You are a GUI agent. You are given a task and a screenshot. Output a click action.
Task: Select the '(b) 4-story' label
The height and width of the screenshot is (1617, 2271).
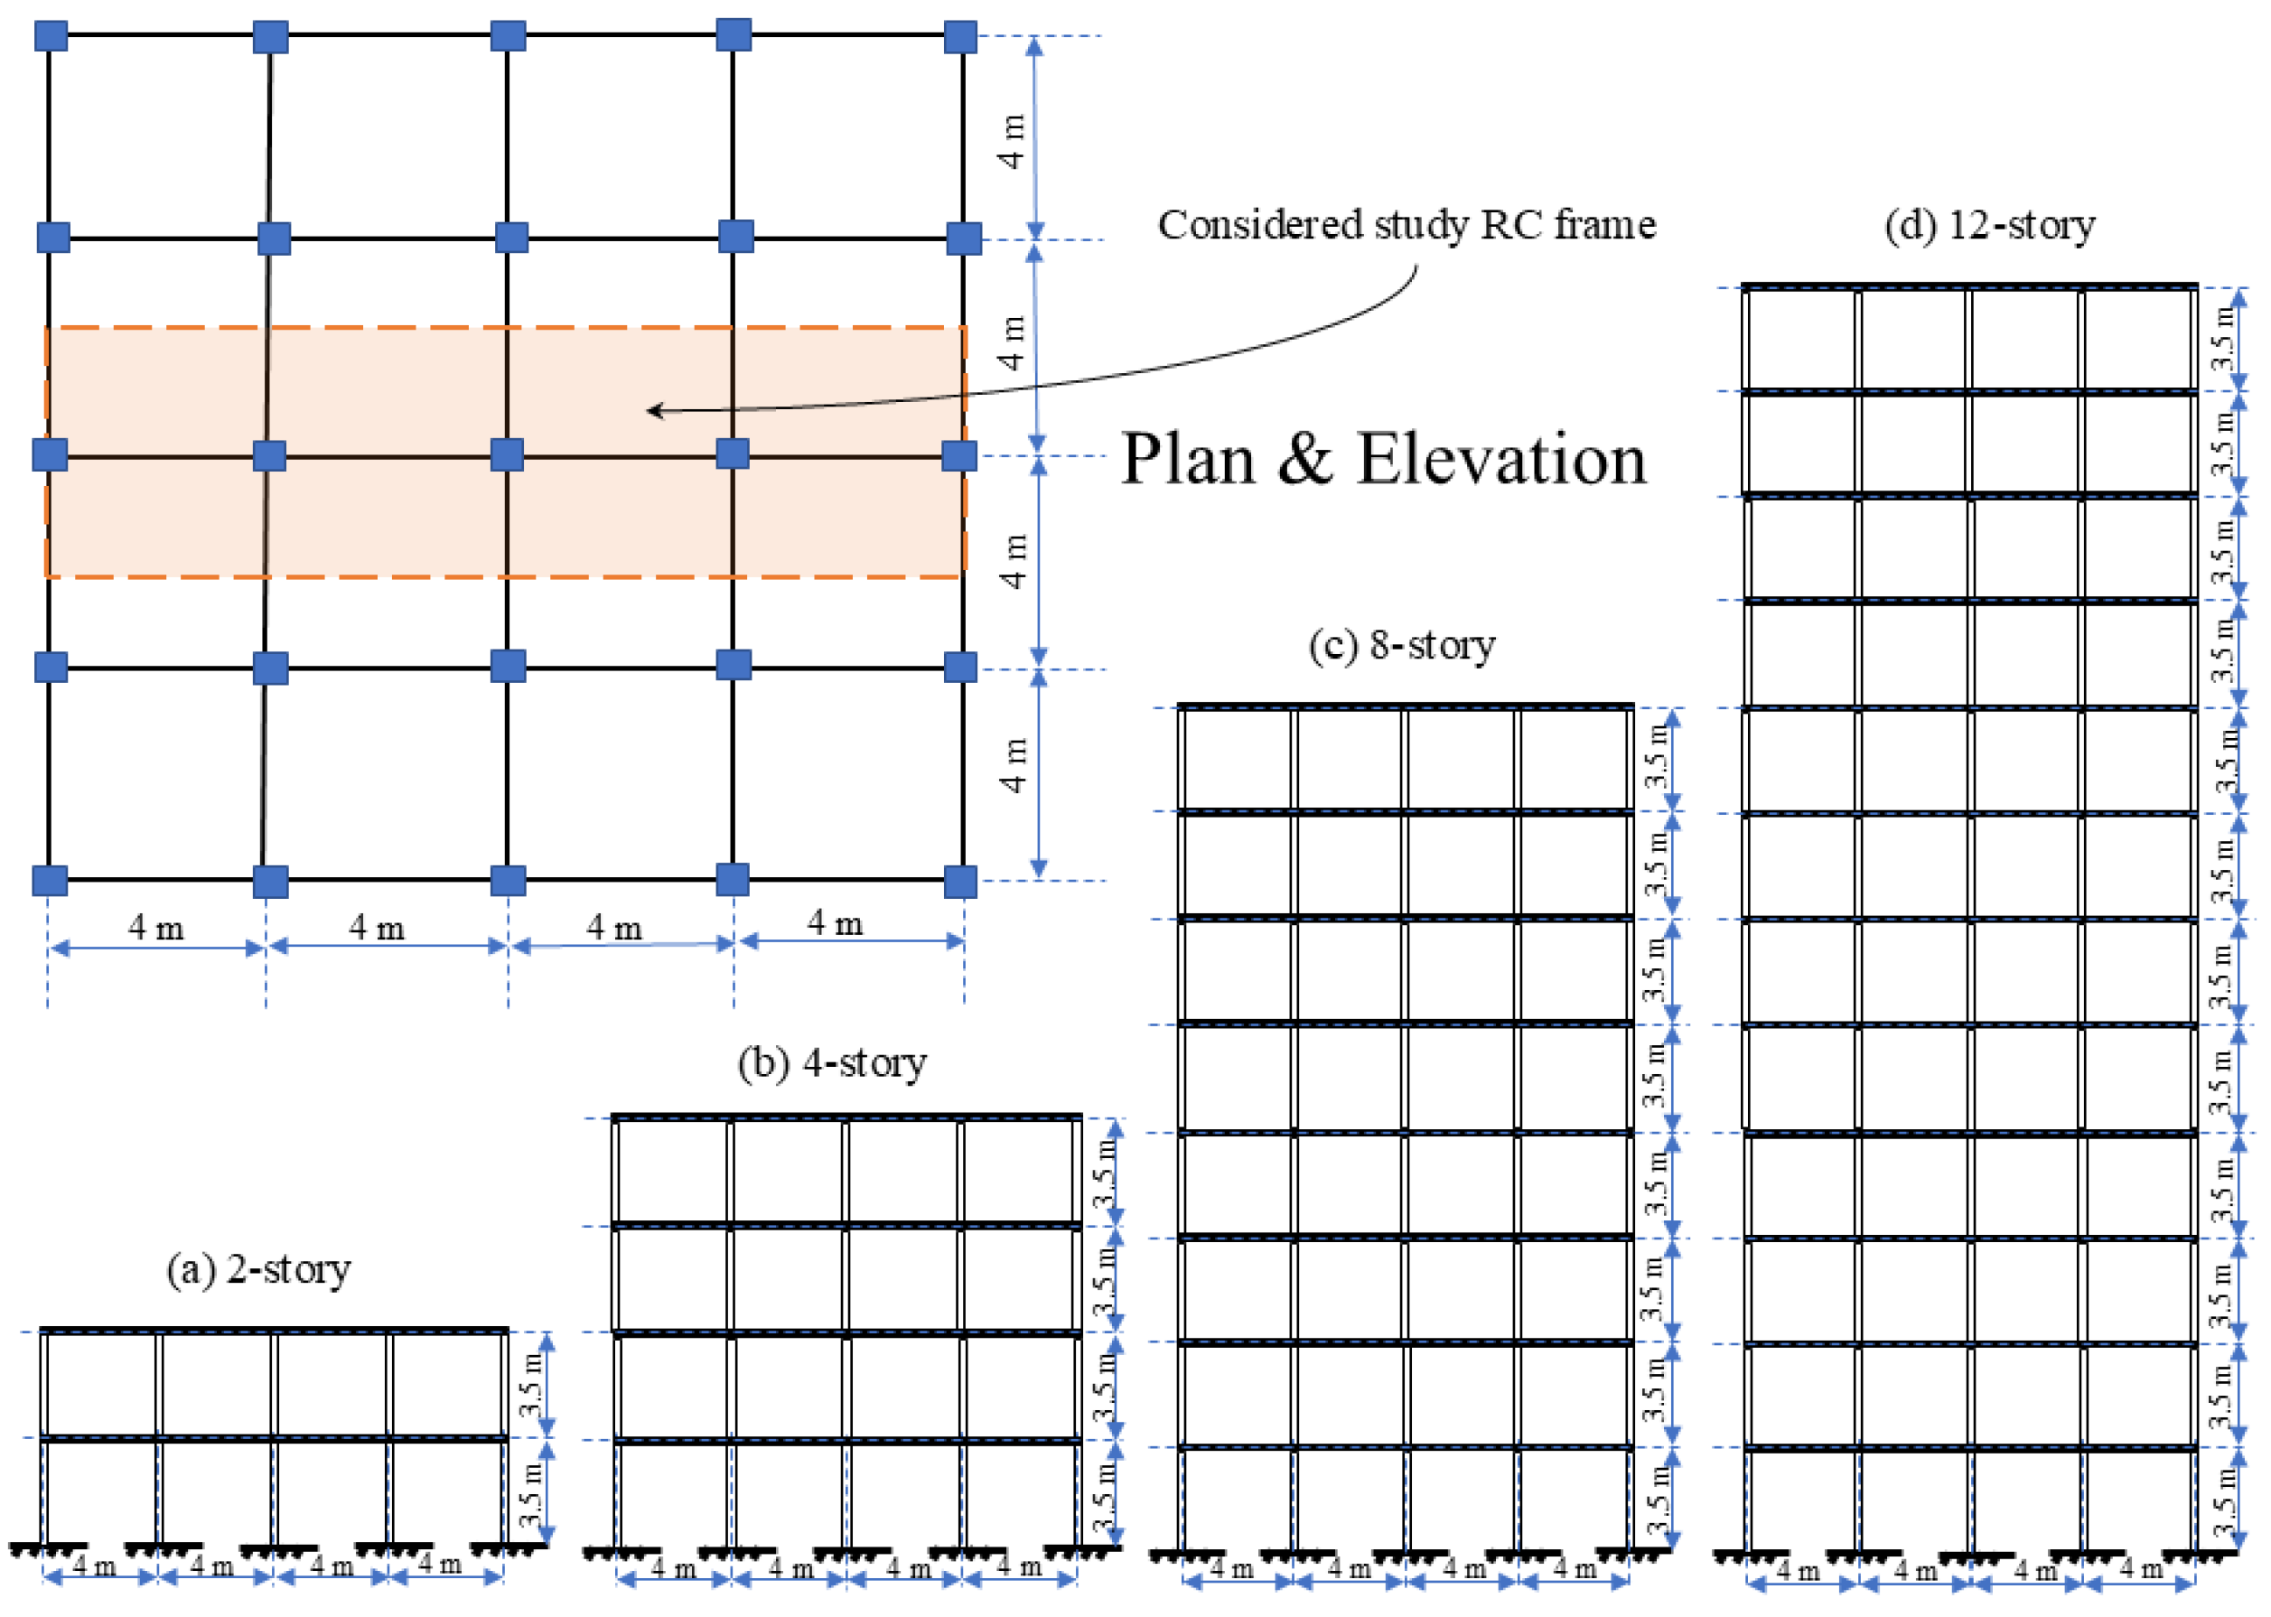coord(831,1063)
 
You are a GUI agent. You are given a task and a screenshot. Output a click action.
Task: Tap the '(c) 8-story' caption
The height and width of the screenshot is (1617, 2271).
coord(1401,645)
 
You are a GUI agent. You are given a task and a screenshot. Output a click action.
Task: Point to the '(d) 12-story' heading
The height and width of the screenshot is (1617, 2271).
coord(1988,225)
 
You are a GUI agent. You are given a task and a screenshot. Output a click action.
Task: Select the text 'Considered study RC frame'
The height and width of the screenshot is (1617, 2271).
coord(1406,225)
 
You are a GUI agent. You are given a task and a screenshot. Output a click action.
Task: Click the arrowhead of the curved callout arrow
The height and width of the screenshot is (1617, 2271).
coord(652,410)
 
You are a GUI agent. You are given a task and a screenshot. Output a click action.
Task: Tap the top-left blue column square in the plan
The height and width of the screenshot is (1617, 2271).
coord(51,36)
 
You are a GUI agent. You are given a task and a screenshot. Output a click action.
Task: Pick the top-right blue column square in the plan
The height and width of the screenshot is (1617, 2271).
coord(959,37)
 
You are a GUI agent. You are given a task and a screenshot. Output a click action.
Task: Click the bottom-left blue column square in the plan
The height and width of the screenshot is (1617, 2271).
coord(50,881)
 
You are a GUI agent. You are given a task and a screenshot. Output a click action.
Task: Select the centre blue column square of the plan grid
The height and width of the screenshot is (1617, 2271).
coord(507,455)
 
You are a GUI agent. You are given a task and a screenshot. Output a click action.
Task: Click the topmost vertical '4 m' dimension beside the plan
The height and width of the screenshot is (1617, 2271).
coord(1012,142)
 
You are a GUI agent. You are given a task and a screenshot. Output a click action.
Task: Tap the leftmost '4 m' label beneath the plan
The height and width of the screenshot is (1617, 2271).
coord(155,929)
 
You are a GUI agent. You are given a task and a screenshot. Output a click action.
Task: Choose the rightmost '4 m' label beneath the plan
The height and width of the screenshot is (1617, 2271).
coord(835,924)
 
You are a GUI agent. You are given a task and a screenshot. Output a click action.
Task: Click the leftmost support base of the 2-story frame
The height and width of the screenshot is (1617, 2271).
coord(42,1550)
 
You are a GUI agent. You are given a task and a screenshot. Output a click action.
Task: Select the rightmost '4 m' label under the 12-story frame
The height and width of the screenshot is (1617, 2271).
coord(2142,1570)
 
